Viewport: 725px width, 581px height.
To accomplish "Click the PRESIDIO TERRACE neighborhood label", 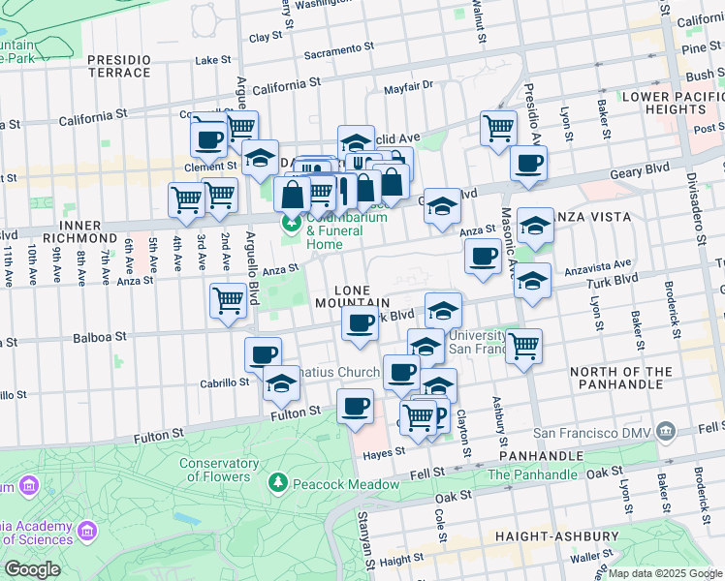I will click(x=119, y=66).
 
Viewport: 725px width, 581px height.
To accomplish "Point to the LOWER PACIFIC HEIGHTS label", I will click(x=673, y=103).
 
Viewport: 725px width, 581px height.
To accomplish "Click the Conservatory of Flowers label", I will click(x=218, y=469).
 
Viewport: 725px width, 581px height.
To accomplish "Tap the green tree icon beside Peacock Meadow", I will click(x=278, y=482).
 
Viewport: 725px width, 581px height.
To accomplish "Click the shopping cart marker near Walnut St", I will click(x=498, y=127).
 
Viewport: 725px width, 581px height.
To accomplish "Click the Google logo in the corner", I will click(x=32, y=569).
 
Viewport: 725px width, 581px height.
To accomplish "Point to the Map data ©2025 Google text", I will click(x=665, y=573).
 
